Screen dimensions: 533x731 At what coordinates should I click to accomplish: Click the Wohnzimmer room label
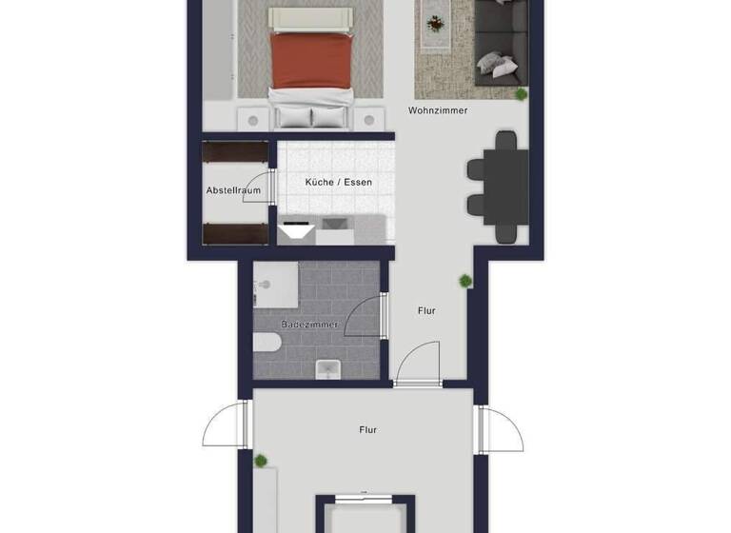(x=438, y=110)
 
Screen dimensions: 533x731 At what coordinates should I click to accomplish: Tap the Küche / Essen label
(x=338, y=182)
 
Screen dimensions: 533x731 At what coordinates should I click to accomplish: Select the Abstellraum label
(x=233, y=190)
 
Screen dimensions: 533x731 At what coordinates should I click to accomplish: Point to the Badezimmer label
(x=308, y=325)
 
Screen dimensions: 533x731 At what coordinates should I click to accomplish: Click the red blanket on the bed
(x=312, y=60)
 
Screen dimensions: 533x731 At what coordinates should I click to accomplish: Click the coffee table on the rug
(x=435, y=21)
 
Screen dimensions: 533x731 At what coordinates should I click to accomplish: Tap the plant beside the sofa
(x=522, y=93)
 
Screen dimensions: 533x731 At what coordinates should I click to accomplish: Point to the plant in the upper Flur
(x=465, y=281)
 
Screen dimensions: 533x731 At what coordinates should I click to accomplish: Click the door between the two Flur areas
(x=417, y=366)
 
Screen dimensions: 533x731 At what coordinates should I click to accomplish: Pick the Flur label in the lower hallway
(x=368, y=430)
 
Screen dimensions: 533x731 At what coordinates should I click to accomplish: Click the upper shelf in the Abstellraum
(x=235, y=151)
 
